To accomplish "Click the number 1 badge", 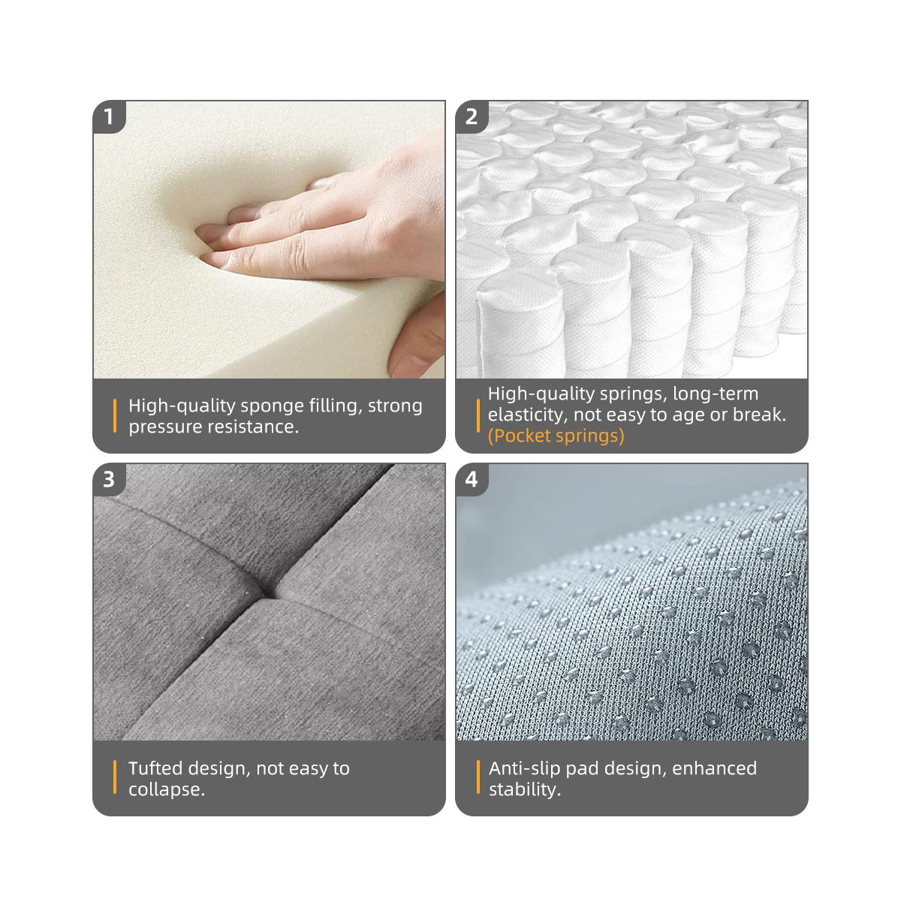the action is [109, 116].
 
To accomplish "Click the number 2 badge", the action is [472, 116].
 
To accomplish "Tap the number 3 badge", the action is [109, 479].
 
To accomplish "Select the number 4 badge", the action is [472, 479].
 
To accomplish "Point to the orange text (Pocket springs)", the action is [556, 436].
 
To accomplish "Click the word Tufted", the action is [155, 768].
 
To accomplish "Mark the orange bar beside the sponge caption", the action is [115, 416].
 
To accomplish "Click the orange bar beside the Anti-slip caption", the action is [478, 777].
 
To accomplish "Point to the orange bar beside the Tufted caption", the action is [115, 777].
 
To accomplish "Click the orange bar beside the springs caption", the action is [478, 416].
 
